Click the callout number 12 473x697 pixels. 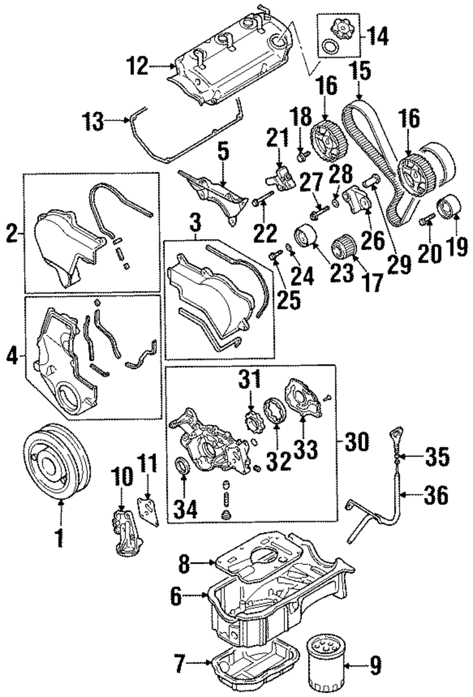[137, 66]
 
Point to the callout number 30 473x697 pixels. [357, 441]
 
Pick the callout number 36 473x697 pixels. [436, 495]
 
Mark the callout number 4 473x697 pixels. [12, 356]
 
